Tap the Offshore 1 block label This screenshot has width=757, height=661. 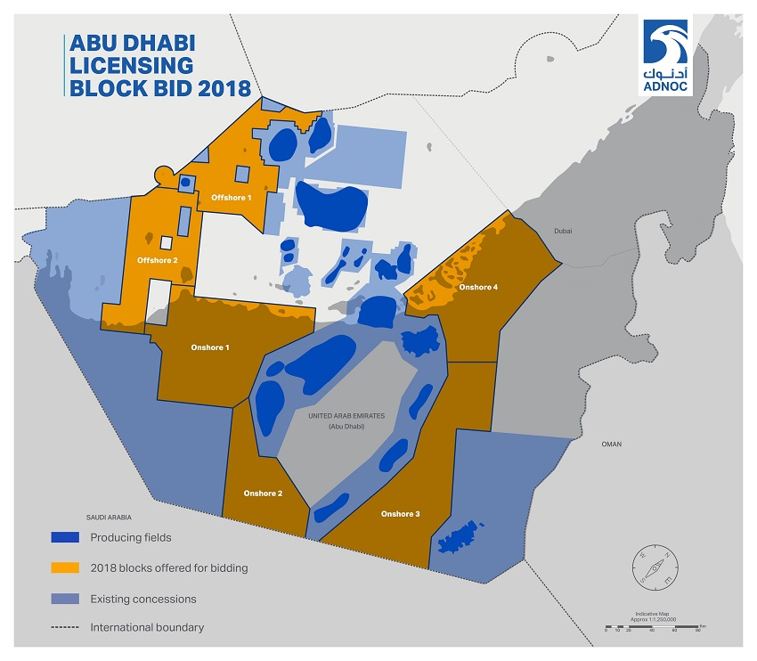(x=232, y=197)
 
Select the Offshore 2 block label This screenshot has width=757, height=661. (x=158, y=260)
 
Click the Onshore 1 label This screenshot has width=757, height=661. (x=210, y=347)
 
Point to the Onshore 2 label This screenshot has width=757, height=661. (x=263, y=493)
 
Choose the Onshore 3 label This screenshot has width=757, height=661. (x=400, y=514)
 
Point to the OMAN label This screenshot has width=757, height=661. (x=611, y=444)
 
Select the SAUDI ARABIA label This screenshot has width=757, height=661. (x=109, y=516)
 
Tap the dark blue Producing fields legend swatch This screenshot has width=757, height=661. (x=66, y=537)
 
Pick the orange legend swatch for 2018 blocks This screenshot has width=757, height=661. (x=66, y=568)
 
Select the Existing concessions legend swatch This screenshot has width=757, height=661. (x=66, y=599)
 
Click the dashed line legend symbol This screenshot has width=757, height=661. (x=66, y=628)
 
